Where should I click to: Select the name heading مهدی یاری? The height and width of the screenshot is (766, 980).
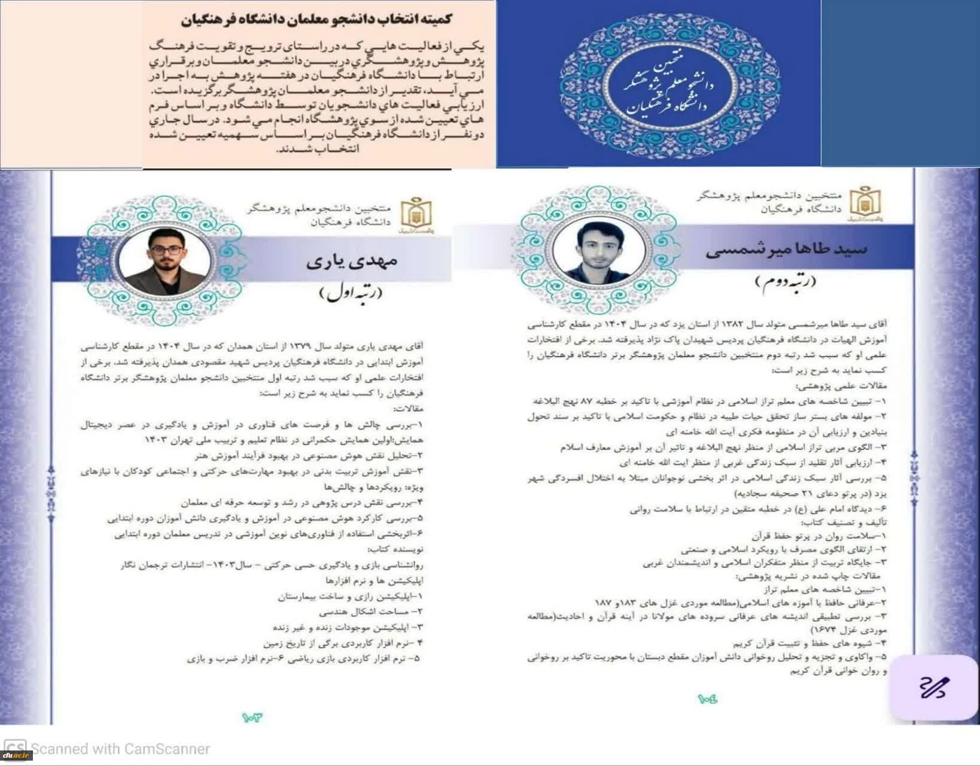(351, 262)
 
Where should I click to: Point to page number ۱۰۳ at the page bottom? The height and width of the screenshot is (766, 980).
(252, 716)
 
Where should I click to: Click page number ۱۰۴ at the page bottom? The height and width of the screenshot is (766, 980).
(707, 698)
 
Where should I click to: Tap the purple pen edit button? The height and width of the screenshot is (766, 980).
(934, 688)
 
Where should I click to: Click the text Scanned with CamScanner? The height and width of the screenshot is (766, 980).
(120, 749)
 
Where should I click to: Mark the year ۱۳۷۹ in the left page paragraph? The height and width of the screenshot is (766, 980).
(299, 346)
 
